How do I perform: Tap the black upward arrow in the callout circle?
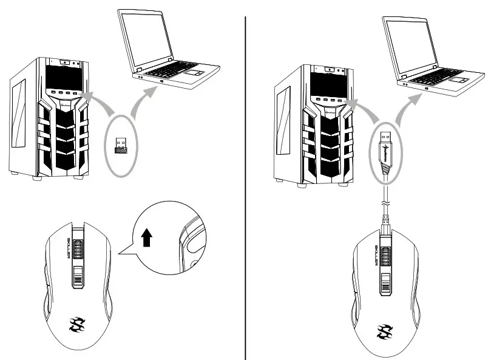coord(146,239)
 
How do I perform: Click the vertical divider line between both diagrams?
coord(246,182)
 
